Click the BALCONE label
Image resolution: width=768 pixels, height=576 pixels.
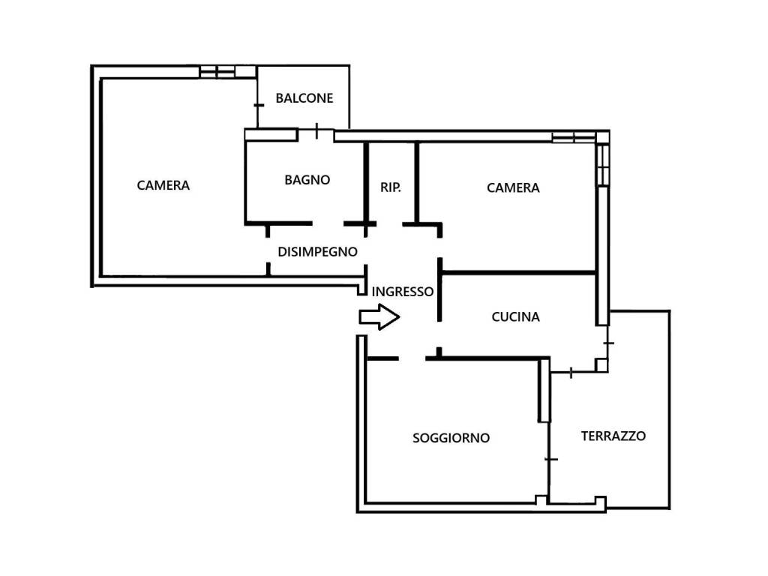(304, 98)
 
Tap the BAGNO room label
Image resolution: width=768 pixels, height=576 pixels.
(307, 180)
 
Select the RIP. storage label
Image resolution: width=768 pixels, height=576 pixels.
(390, 187)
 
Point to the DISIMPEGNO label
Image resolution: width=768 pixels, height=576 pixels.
(317, 252)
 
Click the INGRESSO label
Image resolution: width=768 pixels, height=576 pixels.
(403, 292)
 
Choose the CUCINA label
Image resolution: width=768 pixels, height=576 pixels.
(516, 317)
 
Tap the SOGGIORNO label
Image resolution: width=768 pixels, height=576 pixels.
(451, 438)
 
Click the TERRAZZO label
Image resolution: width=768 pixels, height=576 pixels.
(613, 436)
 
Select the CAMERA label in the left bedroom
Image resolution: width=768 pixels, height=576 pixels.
(163, 185)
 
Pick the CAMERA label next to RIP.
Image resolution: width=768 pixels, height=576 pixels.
(513, 187)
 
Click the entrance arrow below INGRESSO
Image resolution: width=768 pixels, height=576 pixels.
(379, 317)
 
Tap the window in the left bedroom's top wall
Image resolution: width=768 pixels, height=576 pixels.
(227, 71)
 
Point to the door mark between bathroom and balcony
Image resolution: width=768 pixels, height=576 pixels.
(317, 130)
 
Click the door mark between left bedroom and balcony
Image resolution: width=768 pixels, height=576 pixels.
(258, 105)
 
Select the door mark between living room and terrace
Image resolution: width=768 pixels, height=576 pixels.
(550, 459)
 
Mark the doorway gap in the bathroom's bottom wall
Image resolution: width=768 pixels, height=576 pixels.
(328, 223)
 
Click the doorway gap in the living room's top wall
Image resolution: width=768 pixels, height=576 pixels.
(412, 358)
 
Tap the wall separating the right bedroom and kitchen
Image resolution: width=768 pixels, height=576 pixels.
(519, 272)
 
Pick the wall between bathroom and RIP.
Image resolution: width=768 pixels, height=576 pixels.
(366, 183)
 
